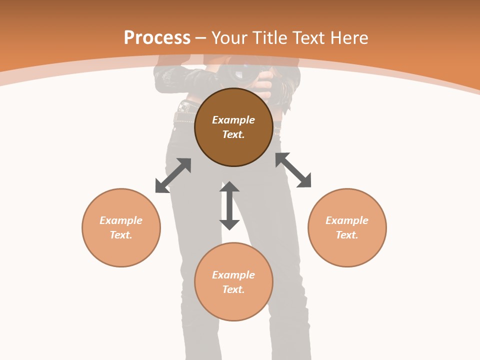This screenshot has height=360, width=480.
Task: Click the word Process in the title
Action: pos(157,38)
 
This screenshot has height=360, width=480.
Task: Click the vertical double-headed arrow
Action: pos(229,205)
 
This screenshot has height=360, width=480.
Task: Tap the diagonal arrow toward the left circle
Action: pos(173,175)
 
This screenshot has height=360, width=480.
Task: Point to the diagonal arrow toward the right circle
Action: pos(293,170)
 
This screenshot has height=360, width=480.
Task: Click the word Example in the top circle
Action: pos(233,120)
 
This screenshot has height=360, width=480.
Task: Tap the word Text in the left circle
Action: pos(121,235)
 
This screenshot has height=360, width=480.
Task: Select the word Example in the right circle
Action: pos(347,220)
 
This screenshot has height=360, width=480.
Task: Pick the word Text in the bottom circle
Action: pos(233,289)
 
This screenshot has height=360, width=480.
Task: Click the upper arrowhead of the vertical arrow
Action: pos(229,187)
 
